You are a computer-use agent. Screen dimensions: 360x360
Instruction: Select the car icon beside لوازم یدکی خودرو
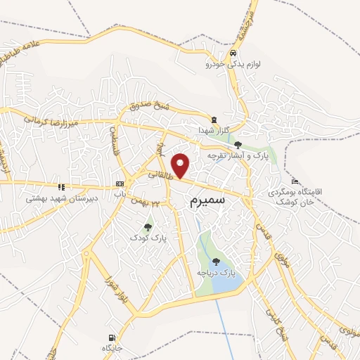point(233,53)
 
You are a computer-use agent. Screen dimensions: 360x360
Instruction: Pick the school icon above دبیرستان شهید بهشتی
point(61,187)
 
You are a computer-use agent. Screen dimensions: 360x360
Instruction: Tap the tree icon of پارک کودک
point(148,226)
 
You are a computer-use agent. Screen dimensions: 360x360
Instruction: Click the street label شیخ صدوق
point(148,107)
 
